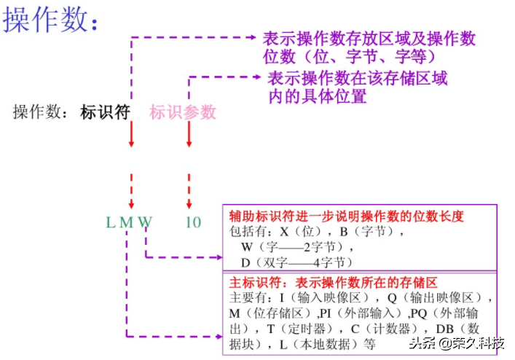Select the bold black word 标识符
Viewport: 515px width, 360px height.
click(x=105, y=112)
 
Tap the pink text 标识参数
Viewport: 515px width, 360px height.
click(x=183, y=112)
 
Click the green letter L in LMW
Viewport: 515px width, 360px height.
click(x=111, y=222)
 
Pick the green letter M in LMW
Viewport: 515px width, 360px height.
click(x=127, y=222)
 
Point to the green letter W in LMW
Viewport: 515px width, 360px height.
click(x=145, y=222)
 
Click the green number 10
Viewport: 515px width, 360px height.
click(x=192, y=222)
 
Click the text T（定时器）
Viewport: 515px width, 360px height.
click(x=299, y=328)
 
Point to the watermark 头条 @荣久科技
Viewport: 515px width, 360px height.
click(x=456, y=344)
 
